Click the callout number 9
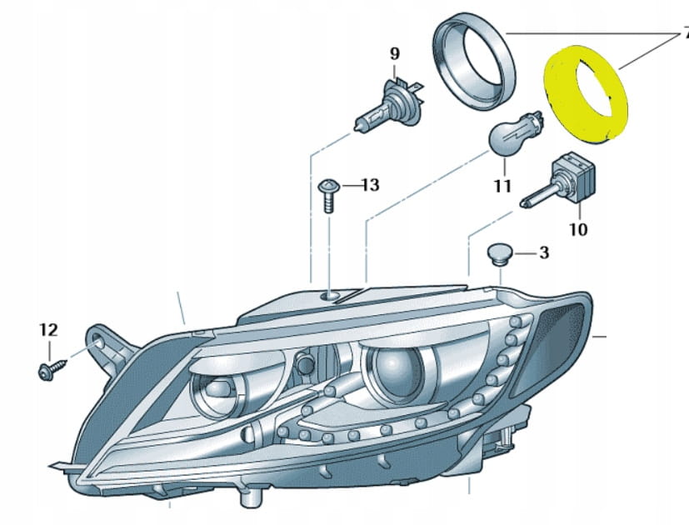coord(395,54)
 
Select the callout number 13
coord(369,184)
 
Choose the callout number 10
coord(577,227)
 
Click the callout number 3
coord(543,252)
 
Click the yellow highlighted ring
coord(587,94)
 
